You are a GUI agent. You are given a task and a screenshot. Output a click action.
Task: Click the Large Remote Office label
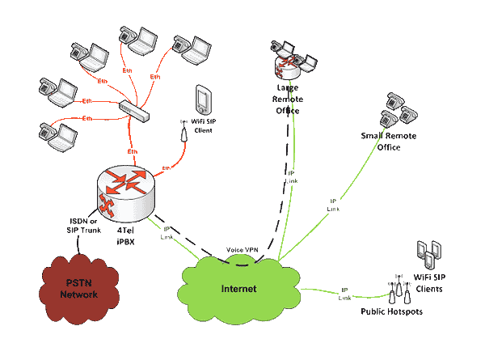coord(289,100)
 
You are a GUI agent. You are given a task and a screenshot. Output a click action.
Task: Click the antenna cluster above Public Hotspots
coord(398,289)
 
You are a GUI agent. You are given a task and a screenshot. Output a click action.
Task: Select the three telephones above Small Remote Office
coord(400,107)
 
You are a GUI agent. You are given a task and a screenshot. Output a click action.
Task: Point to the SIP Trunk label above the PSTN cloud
coord(83,223)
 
